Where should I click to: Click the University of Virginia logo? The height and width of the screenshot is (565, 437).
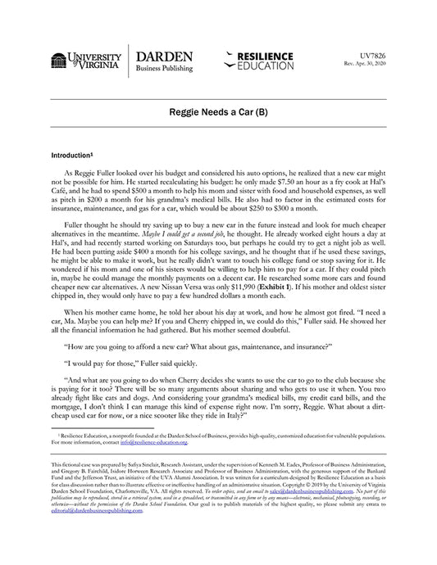(86, 62)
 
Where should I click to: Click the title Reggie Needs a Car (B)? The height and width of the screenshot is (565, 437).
(218, 110)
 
